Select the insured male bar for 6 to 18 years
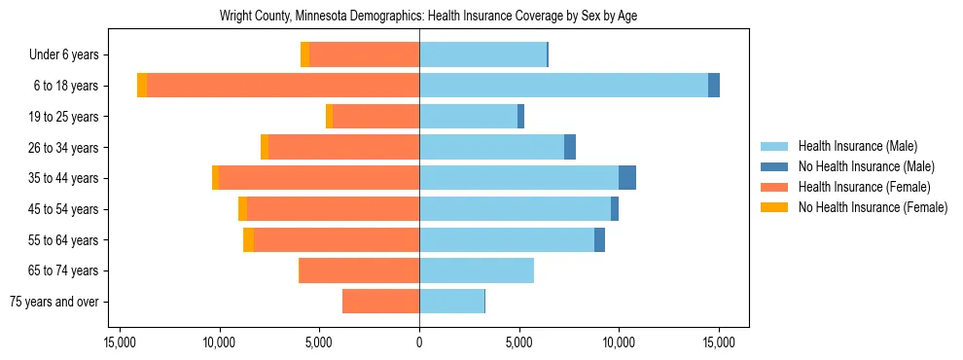click(563, 86)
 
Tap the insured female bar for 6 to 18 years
click(283, 86)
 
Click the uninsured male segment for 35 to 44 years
click(627, 178)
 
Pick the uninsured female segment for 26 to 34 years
click(265, 147)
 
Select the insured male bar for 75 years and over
click(451, 302)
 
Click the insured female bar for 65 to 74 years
click(359, 270)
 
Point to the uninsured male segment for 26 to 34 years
click(570, 147)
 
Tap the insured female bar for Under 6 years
click(364, 54)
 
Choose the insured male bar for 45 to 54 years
click(515, 209)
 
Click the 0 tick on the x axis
click(419, 342)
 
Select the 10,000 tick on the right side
click(619, 342)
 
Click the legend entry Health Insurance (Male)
click(857, 146)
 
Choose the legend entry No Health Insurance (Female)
click(873, 207)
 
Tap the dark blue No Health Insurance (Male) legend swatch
click(775, 166)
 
